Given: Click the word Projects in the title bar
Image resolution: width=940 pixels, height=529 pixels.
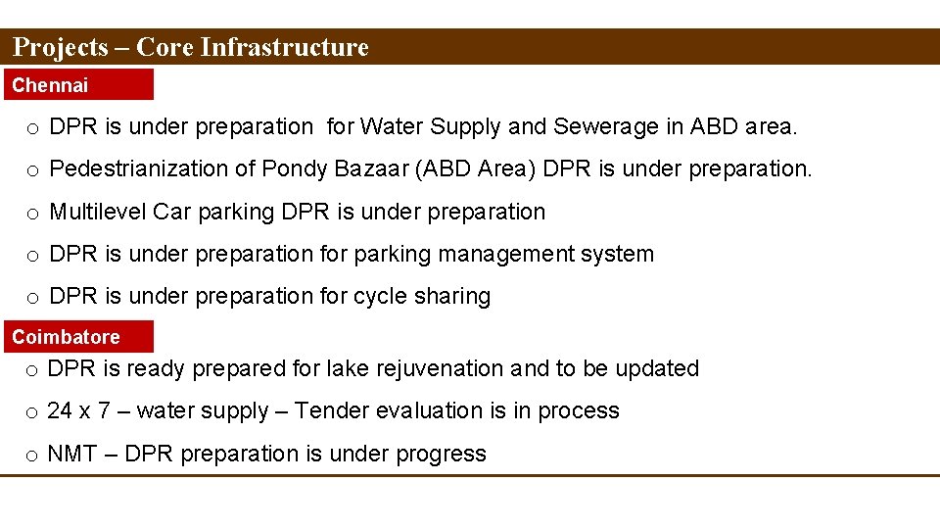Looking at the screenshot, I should coord(61,47).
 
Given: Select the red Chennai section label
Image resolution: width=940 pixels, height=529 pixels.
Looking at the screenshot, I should coord(51,85).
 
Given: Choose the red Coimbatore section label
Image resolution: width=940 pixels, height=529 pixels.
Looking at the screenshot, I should coord(67,337).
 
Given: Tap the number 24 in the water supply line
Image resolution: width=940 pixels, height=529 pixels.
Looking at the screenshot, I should coord(61,411).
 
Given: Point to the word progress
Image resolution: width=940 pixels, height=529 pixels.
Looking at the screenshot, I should coord(442,455).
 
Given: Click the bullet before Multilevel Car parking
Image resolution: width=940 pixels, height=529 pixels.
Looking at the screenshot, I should coord(32,213).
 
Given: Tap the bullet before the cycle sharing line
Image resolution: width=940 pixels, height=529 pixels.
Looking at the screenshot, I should coord(32,297).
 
